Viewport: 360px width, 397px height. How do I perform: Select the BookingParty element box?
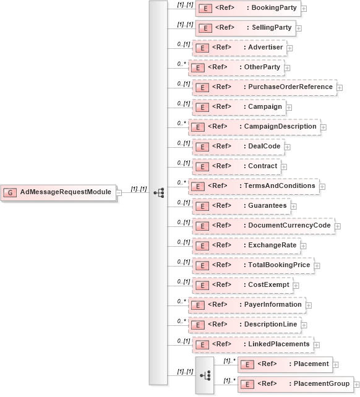pyautogui.click(x=247, y=9)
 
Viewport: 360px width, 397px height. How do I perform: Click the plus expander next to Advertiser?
pyautogui.click(x=289, y=48)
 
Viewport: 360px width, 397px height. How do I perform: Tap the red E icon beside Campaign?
pyautogui.click(x=201, y=107)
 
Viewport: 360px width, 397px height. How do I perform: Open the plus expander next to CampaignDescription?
pyautogui.click(x=324, y=127)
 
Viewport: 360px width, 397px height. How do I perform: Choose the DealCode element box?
pyautogui.click(x=238, y=147)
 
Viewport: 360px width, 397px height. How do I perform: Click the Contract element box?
pyautogui.click(x=237, y=166)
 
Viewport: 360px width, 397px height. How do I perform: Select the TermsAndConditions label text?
pyautogui.click(x=280, y=186)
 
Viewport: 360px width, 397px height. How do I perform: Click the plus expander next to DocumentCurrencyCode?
pyautogui.click(x=338, y=226)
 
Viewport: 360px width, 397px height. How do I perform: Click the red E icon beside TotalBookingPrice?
pyautogui.click(x=201, y=265)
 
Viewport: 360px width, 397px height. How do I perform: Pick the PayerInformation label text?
pyautogui.click(x=273, y=304)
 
